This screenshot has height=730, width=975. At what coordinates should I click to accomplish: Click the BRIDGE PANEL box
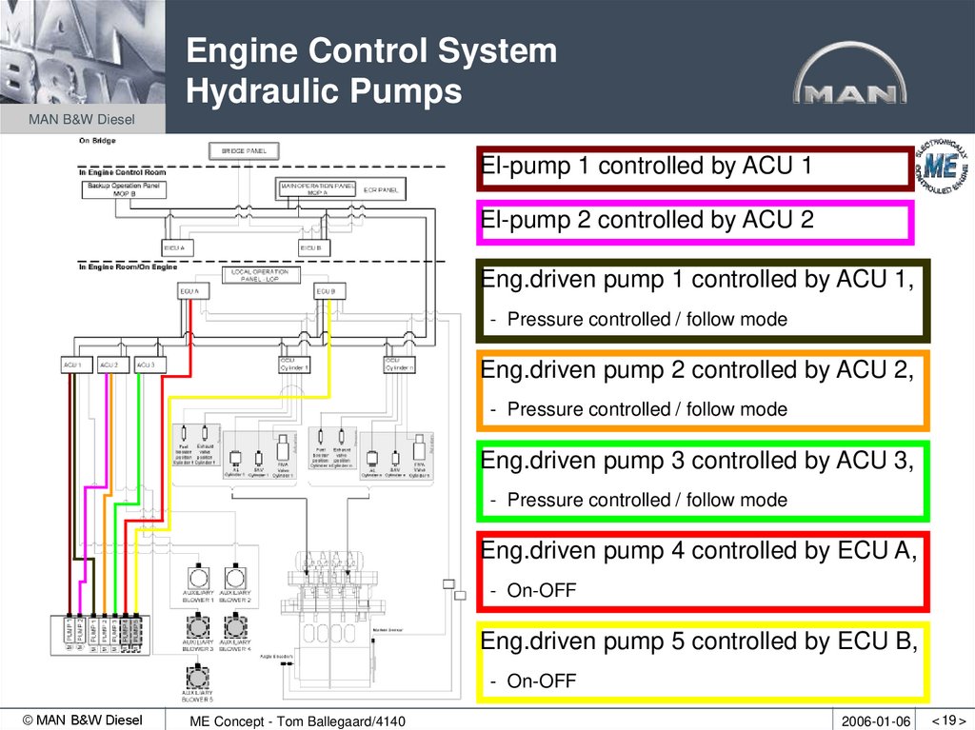(244, 150)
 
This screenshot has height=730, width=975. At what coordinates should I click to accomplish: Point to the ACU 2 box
(109, 365)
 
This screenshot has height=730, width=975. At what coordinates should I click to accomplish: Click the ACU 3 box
(145, 365)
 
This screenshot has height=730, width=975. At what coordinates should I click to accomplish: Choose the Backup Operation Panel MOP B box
(123, 188)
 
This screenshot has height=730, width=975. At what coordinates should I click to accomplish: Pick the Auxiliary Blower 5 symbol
(197, 677)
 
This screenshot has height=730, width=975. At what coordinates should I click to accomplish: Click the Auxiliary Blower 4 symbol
(234, 627)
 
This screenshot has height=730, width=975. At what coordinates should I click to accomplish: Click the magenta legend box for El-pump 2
(694, 222)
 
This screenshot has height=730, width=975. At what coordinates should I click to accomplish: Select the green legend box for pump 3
(703, 481)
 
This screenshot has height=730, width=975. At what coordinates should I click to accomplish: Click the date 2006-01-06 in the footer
(875, 721)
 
